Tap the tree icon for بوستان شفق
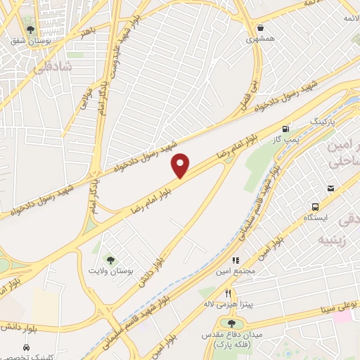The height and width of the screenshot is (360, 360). (x=30, y=29)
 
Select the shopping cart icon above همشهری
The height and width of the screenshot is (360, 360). (x=261, y=27)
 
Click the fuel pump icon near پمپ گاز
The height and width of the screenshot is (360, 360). (x=285, y=129)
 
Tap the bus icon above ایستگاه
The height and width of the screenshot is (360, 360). (x=316, y=207)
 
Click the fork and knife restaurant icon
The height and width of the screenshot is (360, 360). (x=228, y=292)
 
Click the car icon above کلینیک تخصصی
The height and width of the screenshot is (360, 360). (x=26, y=348)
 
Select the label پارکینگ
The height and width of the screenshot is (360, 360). (x=323, y=122)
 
